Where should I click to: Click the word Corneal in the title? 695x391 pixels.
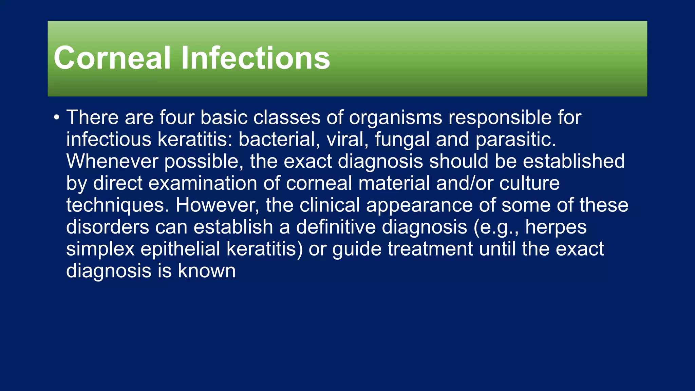coord(112,58)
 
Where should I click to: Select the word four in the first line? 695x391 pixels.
coord(177,117)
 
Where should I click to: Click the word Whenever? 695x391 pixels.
coord(112,161)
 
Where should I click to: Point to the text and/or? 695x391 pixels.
coord(464,183)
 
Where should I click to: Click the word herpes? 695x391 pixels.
coord(556,228)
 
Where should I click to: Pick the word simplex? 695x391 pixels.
coord(100,249)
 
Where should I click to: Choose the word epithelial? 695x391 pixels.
coord(180,249)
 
